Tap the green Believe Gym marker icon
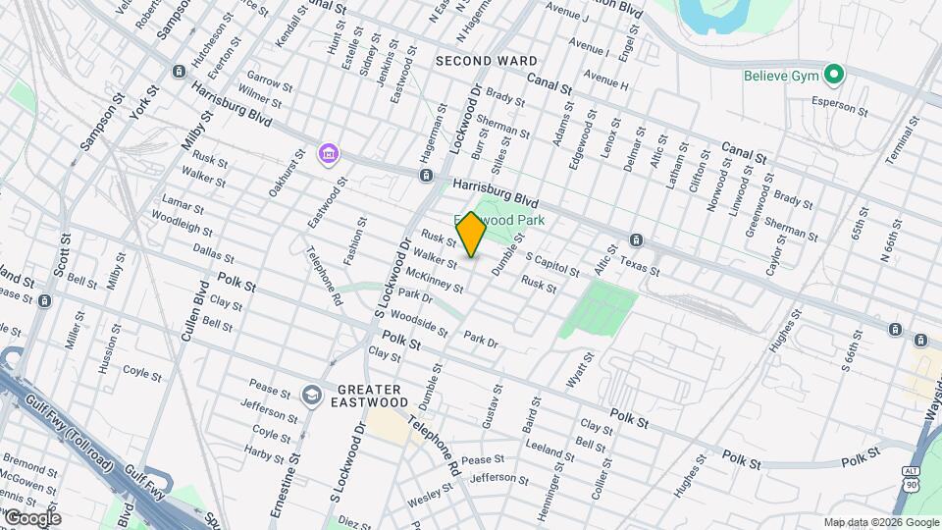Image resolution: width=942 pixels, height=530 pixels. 834,74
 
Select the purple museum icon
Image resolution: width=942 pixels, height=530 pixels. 328,154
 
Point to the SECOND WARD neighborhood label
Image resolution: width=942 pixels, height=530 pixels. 487,61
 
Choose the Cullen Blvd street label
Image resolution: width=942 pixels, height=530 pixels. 193,313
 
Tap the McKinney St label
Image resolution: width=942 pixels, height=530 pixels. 433,281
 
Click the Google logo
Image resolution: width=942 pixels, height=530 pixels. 32,517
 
